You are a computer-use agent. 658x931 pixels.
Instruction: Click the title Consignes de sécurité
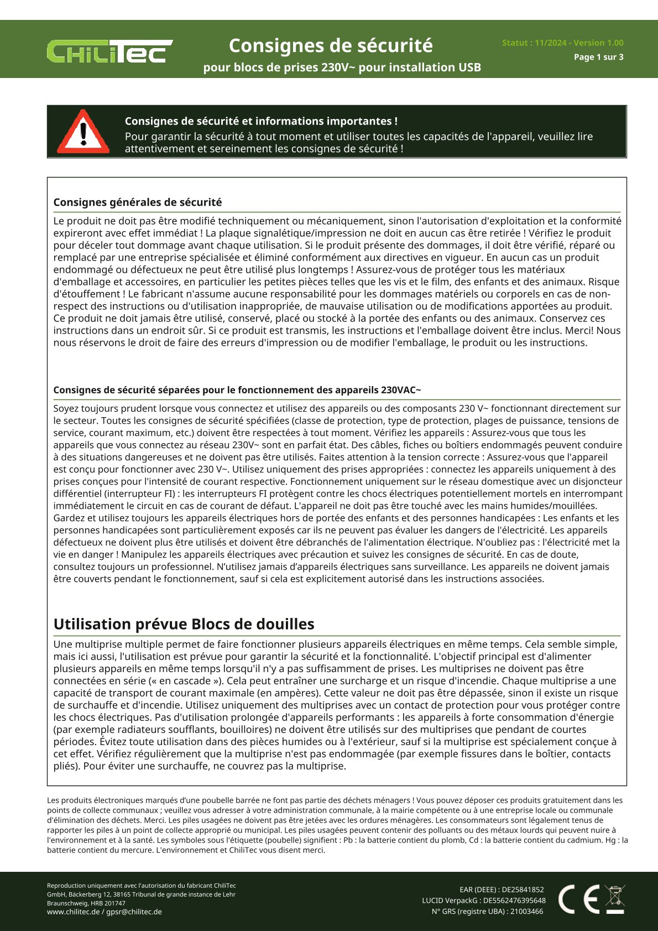[331, 45]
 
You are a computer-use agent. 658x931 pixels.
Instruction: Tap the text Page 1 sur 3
[598, 57]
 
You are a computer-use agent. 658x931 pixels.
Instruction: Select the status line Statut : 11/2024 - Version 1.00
[562, 43]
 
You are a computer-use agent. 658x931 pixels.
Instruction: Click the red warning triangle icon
[83, 132]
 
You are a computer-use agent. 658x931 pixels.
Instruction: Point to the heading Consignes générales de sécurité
[138, 202]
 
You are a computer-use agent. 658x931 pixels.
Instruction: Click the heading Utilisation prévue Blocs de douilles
[184, 624]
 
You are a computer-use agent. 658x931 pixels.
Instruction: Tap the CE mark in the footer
[578, 899]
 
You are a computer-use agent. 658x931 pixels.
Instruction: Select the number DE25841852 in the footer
[523, 890]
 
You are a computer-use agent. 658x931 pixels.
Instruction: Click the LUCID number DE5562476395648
[514, 901]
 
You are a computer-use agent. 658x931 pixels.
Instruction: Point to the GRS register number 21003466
[526, 912]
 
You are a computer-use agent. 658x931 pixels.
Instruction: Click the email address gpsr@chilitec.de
[134, 912]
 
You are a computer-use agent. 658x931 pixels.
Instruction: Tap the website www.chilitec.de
[74, 912]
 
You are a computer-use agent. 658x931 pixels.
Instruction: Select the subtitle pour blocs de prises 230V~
[342, 67]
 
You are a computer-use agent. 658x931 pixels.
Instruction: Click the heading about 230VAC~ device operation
[237, 390]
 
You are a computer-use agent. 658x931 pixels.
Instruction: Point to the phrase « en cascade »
[196, 681]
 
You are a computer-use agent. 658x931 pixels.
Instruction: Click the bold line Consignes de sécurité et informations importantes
[261, 121]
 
